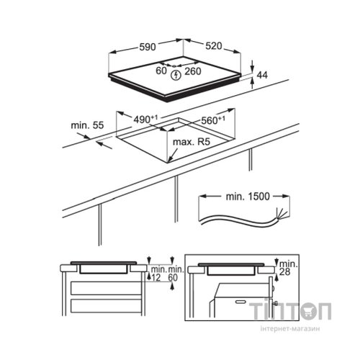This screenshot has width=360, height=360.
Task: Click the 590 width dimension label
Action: tap(148, 47)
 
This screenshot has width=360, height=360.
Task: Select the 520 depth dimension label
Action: tap(214, 46)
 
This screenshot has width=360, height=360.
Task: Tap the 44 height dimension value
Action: tap(262, 75)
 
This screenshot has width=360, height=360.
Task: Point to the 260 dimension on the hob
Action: tap(193, 71)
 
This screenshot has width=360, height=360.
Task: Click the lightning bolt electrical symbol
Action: tap(176, 75)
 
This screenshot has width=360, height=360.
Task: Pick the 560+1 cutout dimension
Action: tap(213, 120)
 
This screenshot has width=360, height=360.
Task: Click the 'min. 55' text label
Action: tap(87, 125)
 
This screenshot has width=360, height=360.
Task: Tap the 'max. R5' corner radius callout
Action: tap(192, 142)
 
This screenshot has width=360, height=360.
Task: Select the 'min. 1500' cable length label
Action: tap(248, 197)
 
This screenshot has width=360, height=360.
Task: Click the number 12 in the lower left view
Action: tap(156, 278)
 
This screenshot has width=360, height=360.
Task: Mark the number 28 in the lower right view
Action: tap(284, 272)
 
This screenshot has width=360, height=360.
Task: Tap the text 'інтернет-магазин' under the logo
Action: tap(290, 328)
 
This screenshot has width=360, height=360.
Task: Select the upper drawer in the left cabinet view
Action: tap(106, 288)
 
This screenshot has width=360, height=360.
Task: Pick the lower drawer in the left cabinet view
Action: tap(106, 306)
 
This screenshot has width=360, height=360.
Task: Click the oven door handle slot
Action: tap(240, 302)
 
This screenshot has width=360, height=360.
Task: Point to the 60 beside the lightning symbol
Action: tap(161, 71)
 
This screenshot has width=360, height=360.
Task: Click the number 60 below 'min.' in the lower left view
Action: tap(173, 278)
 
